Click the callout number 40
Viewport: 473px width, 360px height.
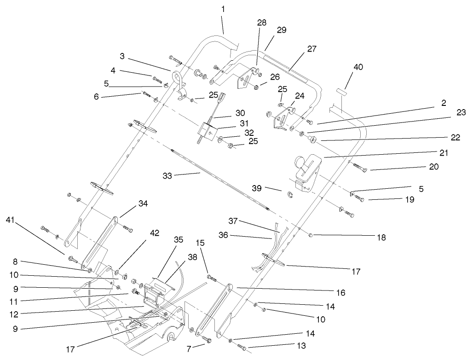coord(358,67)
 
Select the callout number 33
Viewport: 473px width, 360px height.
coord(168,175)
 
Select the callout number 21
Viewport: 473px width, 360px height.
coord(431,153)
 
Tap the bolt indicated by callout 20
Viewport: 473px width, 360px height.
coord(359,168)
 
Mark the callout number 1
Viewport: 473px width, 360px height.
coord(223,9)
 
